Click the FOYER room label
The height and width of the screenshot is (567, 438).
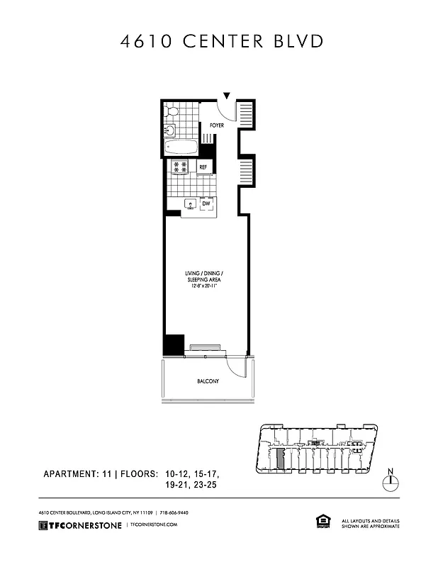pos(216,125)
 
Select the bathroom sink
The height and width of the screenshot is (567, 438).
pos(169,130)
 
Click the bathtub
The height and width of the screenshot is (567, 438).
pos(180,147)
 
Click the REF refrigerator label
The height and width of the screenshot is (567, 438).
pos(203,167)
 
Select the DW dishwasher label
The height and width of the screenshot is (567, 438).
pos(206,204)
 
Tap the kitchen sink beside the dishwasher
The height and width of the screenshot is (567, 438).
pos(190,204)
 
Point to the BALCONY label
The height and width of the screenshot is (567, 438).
pos(208,382)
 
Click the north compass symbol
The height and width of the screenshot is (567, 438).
pos(390,481)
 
